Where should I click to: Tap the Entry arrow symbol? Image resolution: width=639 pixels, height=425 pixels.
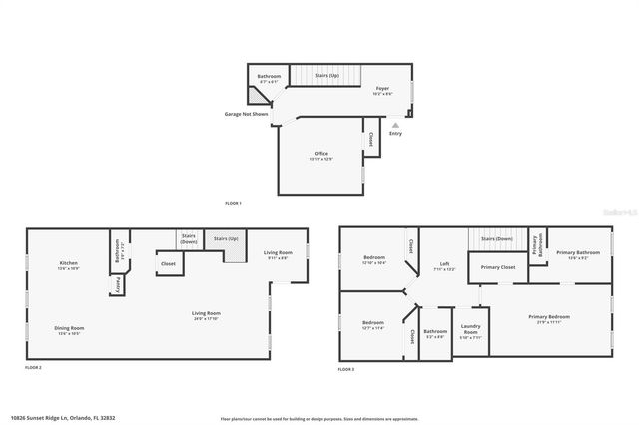(x=395, y=126)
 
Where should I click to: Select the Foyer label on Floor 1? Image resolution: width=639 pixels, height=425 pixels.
(x=382, y=90)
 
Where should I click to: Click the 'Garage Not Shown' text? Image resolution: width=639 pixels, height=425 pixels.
(x=246, y=114)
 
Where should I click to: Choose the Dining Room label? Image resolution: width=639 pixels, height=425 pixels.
(x=70, y=330)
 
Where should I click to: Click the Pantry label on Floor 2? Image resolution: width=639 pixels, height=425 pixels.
(x=118, y=285)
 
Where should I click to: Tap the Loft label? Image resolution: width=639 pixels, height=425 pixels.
(x=446, y=266)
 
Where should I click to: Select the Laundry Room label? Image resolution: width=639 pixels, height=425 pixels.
(x=471, y=333)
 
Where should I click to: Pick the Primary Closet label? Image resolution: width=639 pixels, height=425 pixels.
(x=497, y=267)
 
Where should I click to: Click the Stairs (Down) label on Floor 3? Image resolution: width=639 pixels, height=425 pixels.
(x=496, y=239)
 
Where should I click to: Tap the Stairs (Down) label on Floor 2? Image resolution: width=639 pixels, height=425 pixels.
(x=188, y=239)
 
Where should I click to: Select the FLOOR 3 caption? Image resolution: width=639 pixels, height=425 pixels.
(x=345, y=369)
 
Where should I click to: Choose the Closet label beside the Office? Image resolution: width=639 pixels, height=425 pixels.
(x=371, y=140)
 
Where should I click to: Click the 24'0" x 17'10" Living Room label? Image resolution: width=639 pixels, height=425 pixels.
(x=207, y=316)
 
